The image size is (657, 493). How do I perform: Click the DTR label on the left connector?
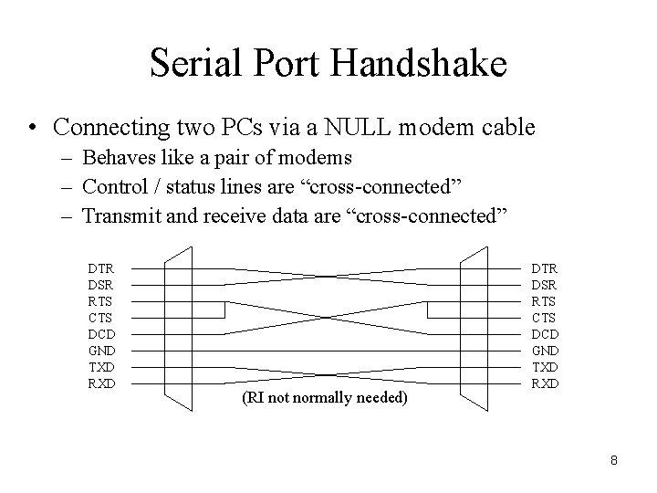(101, 267)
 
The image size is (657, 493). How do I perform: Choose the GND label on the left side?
(101, 350)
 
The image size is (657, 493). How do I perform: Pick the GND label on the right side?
(545, 349)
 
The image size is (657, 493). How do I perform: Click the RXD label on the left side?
(101, 383)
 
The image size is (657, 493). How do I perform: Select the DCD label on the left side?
(101, 333)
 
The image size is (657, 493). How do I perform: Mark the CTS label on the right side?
(545, 316)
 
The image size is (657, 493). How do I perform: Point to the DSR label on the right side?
(545, 283)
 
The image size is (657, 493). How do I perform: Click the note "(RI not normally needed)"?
(325, 397)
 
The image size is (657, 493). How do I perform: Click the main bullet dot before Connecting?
(33, 128)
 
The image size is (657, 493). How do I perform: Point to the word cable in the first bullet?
(509, 127)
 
